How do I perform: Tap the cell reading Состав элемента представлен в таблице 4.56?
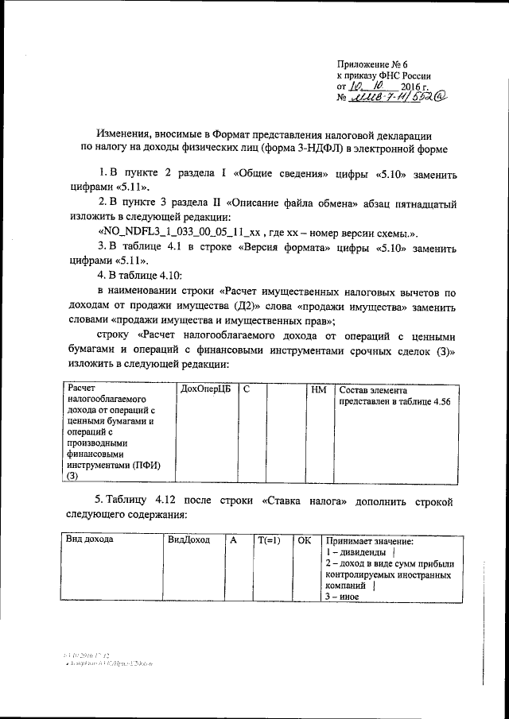[394, 396]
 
